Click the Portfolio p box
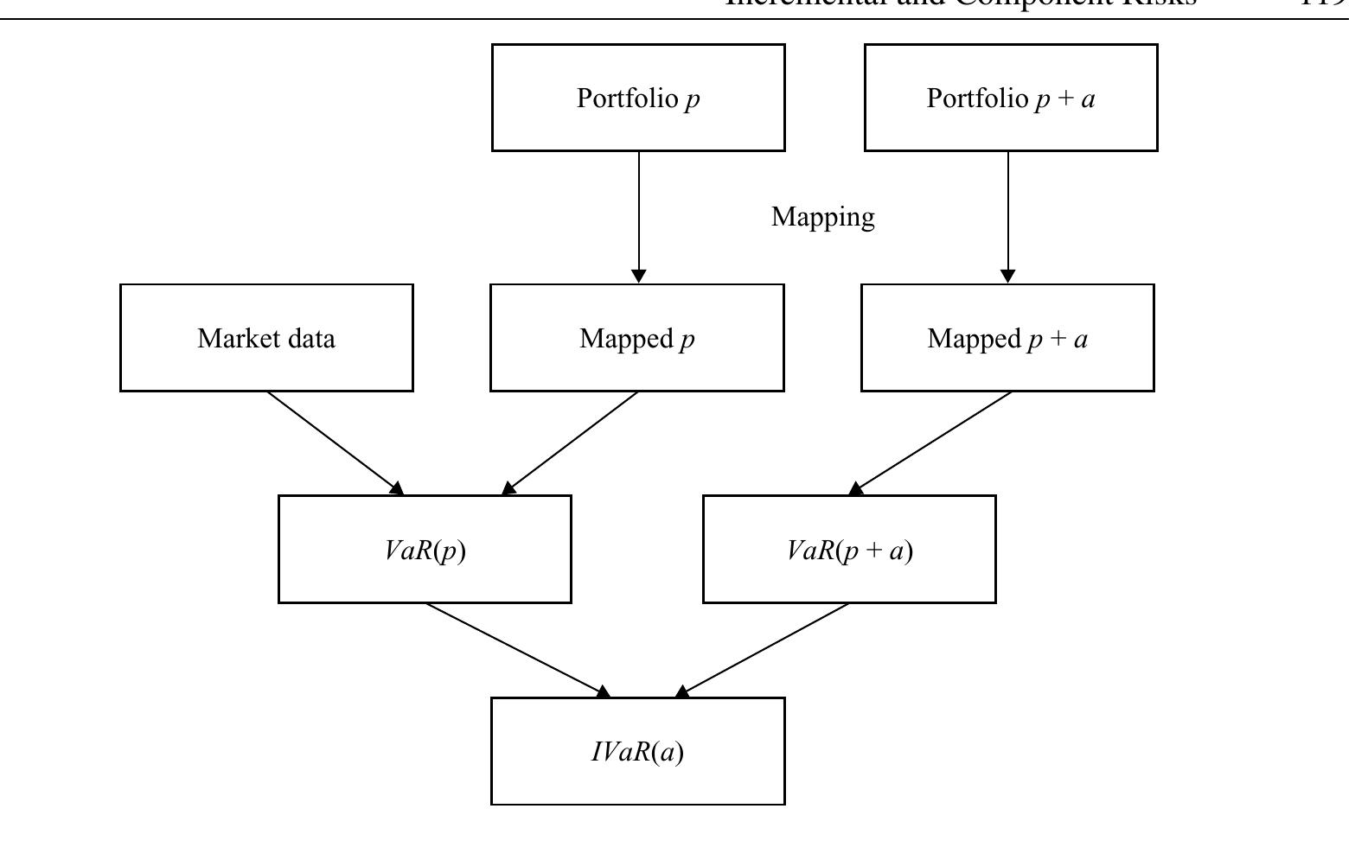point(638,98)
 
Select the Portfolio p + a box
point(1010,98)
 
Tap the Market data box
point(266,338)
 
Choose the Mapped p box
point(637,338)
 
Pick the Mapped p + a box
point(1007,338)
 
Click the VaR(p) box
point(425,550)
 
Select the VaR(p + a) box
point(849,550)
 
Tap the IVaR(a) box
point(638,752)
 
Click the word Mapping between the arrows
point(822,217)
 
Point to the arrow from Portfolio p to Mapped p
point(639,216)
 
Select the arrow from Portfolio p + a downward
point(1007,216)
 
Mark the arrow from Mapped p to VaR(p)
point(571,443)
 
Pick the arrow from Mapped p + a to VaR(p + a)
point(932,443)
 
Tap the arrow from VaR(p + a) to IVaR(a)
point(764,649)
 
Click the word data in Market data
point(307,338)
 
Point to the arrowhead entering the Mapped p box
point(639,276)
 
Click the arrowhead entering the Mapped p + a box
point(1007,276)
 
